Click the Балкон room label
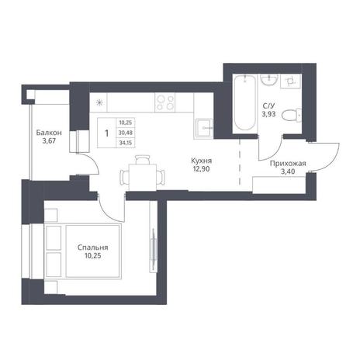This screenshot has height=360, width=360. coord(49,133)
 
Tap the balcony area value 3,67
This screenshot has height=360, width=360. coord(49,141)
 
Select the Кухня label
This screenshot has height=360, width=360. coord(202,161)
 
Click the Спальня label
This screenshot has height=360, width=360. coord(93,247)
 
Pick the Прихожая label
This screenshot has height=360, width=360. coord(288,164)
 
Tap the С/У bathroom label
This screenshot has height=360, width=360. coord(268,106)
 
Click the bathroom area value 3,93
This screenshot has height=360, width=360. coord(268,114)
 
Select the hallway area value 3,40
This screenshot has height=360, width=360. coord(288,171)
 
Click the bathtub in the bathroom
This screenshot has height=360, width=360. coord(244,102)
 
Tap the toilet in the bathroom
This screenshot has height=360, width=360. coord(292,115)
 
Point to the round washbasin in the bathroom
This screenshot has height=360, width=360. coord(269,79)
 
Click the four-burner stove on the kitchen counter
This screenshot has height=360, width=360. coord(164,102)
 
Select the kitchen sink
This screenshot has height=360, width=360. coord(204,128)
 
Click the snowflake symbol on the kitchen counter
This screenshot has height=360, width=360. coord(99,103)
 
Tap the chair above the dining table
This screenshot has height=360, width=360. coord(143,160)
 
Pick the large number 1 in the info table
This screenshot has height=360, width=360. coord(107,133)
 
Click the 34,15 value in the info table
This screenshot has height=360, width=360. coord(126,143)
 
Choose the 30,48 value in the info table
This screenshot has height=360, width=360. coord(126,133)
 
